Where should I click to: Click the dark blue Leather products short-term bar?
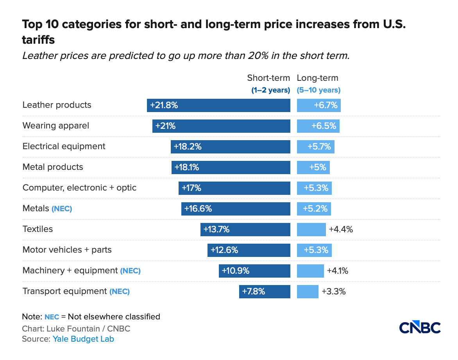click(x=218, y=105)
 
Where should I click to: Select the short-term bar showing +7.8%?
click(x=265, y=292)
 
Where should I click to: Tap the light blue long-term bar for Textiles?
click(x=311, y=230)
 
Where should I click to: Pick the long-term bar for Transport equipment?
click(x=308, y=292)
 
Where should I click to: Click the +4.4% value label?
click(x=341, y=230)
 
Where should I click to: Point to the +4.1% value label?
click(x=337, y=271)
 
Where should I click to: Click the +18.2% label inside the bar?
click(x=188, y=147)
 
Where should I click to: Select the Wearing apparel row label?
click(x=56, y=126)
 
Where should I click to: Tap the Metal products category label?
click(x=53, y=167)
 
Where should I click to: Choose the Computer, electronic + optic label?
click(x=79, y=188)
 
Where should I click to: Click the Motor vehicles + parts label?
click(x=67, y=250)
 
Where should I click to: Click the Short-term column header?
click(x=268, y=78)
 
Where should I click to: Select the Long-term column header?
click(x=317, y=78)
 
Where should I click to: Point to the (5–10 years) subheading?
click(x=318, y=90)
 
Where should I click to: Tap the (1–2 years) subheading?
click(x=270, y=90)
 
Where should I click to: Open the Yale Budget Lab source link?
click(x=83, y=339)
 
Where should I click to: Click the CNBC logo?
click(x=420, y=328)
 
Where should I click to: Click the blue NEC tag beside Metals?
click(x=62, y=209)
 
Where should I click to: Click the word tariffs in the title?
click(x=38, y=40)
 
